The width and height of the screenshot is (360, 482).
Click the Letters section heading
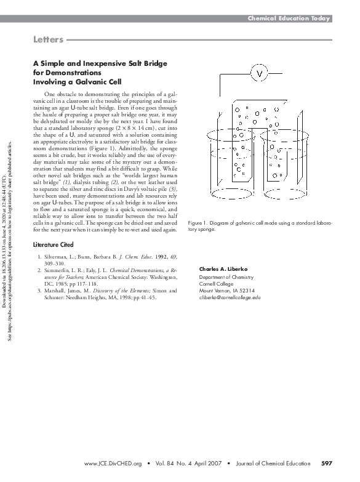(x=48, y=41)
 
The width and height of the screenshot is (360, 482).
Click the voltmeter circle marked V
(x=259, y=74)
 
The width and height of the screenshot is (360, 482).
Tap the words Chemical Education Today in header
(x=289, y=18)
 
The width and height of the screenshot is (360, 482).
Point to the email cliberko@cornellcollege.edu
(x=230, y=297)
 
